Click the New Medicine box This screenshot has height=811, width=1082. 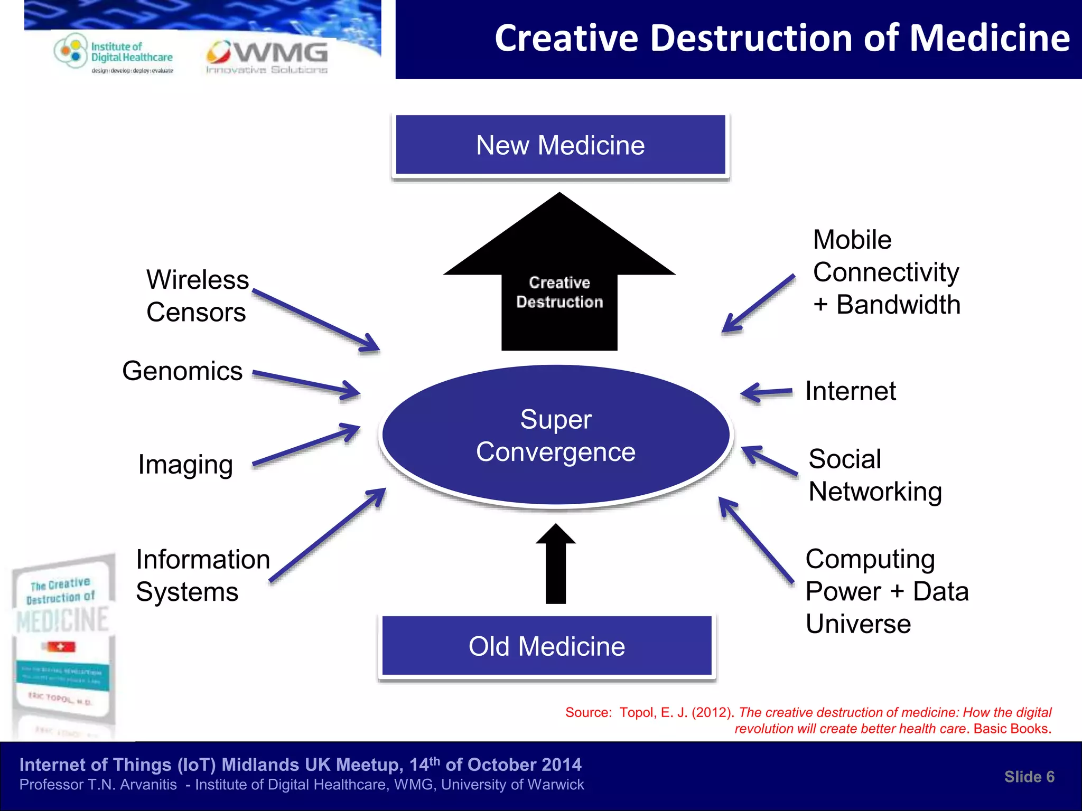click(x=560, y=145)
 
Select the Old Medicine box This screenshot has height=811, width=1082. click(x=547, y=646)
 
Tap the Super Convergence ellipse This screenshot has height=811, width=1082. click(x=556, y=436)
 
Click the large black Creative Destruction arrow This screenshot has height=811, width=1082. click(x=559, y=285)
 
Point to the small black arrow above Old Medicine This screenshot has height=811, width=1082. click(x=556, y=565)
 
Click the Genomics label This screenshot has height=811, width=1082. click(x=182, y=371)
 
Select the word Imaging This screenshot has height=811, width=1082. click(x=185, y=465)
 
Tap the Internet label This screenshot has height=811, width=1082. click(x=850, y=391)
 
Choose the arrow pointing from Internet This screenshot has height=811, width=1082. click(x=766, y=393)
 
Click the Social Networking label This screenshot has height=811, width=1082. click(x=874, y=475)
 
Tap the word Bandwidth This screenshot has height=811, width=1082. click(x=898, y=305)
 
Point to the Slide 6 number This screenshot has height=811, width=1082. click(x=1029, y=777)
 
